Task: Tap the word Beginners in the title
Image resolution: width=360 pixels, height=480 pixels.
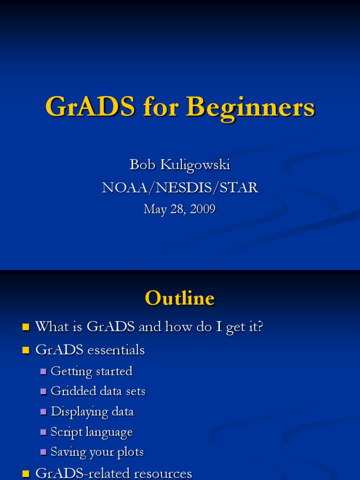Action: click(x=250, y=107)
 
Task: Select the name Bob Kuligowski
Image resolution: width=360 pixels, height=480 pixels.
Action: click(x=180, y=165)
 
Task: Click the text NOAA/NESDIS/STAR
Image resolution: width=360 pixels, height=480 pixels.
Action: click(x=180, y=187)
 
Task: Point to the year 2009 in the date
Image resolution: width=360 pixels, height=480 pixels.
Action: click(x=202, y=209)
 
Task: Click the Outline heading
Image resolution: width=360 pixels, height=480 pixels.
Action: click(x=180, y=298)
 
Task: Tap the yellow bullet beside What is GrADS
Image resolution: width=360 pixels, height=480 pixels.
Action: click(x=26, y=327)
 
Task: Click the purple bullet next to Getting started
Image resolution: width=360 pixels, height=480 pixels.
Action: click(x=44, y=372)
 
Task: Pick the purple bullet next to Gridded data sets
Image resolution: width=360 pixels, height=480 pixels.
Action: click(x=44, y=392)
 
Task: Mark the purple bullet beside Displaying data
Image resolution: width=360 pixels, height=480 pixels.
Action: click(x=44, y=412)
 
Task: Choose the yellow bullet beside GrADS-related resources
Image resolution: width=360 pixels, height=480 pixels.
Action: click(x=26, y=474)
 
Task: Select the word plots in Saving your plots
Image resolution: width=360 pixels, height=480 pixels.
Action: click(x=131, y=452)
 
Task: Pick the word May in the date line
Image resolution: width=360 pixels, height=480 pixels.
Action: click(x=155, y=209)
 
